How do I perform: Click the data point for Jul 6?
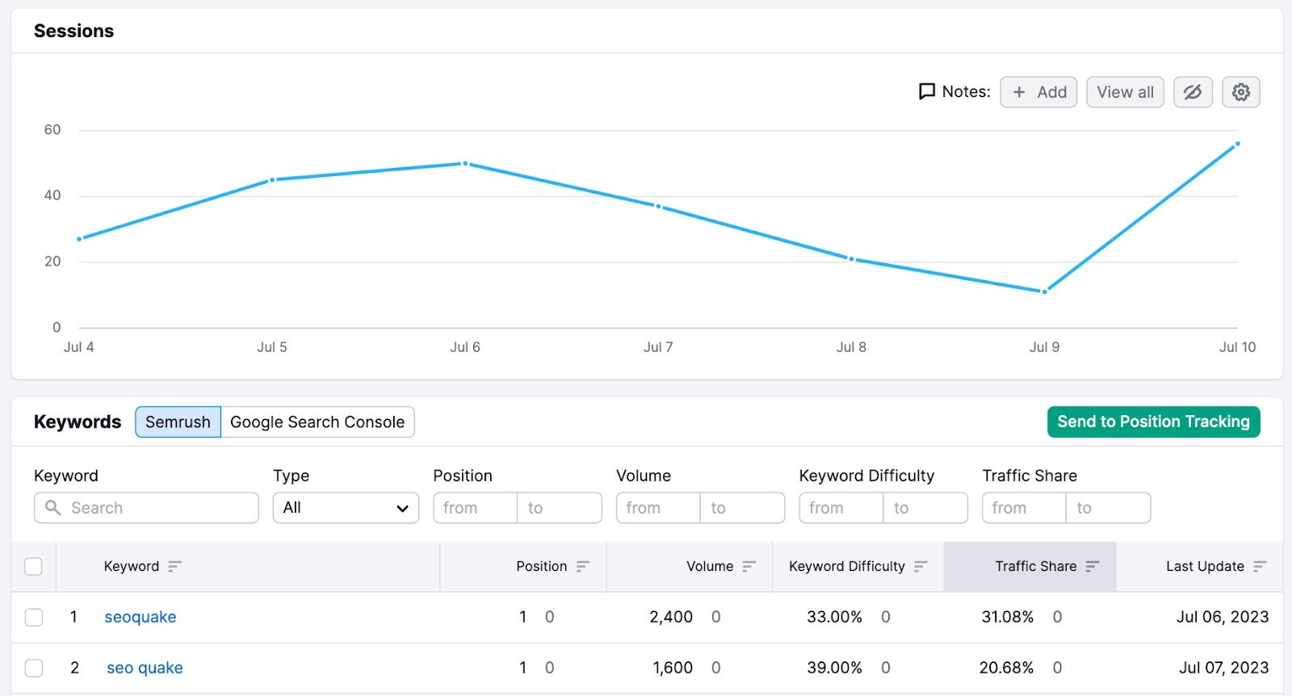pyautogui.click(x=465, y=164)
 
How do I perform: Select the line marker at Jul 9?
pyautogui.click(x=1044, y=291)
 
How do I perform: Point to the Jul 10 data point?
pyautogui.click(x=1237, y=145)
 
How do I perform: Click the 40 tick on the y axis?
pyautogui.click(x=52, y=195)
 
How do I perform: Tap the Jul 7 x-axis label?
pyautogui.click(x=658, y=347)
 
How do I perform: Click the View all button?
pyautogui.click(x=1125, y=92)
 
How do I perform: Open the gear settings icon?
pyautogui.click(x=1241, y=92)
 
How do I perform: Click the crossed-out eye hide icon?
pyautogui.click(x=1193, y=92)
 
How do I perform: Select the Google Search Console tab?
pyautogui.click(x=317, y=422)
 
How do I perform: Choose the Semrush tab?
pyautogui.click(x=178, y=422)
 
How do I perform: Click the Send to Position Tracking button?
pyautogui.click(x=1153, y=421)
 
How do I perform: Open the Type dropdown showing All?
pyautogui.click(x=346, y=508)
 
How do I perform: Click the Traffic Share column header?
pyautogui.click(x=1035, y=567)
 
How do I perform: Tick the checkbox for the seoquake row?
pyautogui.click(x=34, y=618)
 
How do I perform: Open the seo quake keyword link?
pyautogui.click(x=145, y=669)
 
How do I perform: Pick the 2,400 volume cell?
pyautogui.click(x=671, y=618)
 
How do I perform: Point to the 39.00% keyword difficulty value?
pyautogui.click(x=834, y=669)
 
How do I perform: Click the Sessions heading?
pyautogui.click(x=73, y=31)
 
